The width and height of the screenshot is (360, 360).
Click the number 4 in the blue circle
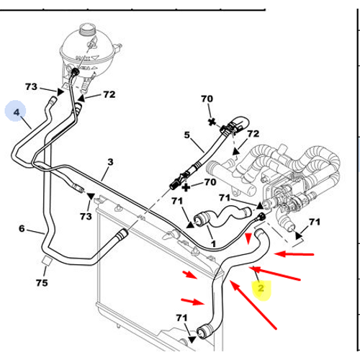[x=17, y=112]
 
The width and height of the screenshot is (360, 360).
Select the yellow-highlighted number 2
[x=261, y=288]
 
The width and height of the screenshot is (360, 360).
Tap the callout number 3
[x=110, y=162]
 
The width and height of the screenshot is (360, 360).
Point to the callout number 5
[x=187, y=135]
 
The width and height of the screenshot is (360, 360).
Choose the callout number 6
[x=22, y=228]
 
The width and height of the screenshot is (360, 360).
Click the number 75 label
[x=42, y=283]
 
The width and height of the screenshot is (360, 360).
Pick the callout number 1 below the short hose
[x=213, y=244]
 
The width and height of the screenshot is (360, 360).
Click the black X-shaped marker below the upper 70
[x=212, y=122]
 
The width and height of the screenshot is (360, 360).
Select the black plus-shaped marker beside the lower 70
[x=186, y=187]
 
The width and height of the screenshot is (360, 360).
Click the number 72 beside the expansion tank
[x=109, y=94]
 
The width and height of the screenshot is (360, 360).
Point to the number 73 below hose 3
[x=86, y=217]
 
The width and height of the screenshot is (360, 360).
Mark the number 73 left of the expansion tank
[x=31, y=87]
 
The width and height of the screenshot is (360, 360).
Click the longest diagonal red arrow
[x=253, y=305]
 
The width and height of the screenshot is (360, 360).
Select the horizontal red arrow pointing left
[x=294, y=254]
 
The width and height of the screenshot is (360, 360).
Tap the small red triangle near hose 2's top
[x=248, y=238]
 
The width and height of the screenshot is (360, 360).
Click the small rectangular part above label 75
[x=45, y=261]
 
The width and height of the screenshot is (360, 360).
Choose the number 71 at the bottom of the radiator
[x=181, y=318]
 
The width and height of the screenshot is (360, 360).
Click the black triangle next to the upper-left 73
[x=60, y=92]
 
